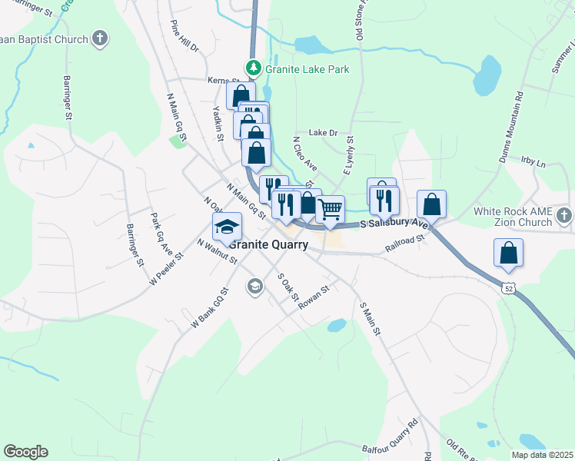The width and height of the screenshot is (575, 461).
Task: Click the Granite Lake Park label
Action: pos(307,69)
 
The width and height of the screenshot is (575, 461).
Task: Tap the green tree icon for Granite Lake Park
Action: pos(253,68)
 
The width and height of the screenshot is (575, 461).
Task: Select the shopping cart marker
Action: pos(330,208)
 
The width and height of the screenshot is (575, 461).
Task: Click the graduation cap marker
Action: pos(228,226)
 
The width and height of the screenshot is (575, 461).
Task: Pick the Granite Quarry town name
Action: pos(269,245)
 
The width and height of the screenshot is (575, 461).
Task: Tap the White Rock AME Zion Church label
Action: pos(514,217)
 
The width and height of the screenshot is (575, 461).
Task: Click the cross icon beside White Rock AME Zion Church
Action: pos(565,216)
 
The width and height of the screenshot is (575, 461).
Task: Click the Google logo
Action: pos(25,452)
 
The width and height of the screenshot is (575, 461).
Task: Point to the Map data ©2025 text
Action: pos(542,455)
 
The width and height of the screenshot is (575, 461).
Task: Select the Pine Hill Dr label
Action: pos(184,36)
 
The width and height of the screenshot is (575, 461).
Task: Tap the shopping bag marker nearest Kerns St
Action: pos(241,96)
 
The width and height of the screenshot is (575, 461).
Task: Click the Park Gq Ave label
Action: pos(161,229)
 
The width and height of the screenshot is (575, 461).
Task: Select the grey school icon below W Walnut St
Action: pos(254,287)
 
